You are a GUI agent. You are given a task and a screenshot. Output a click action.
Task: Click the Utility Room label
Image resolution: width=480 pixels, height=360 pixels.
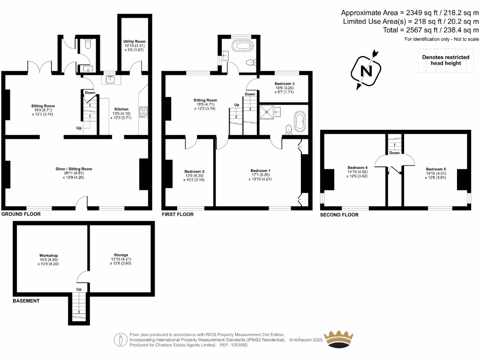pyautogui.click(x=135, y=42)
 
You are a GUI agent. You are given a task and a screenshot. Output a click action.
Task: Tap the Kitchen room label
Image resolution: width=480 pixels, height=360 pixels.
pyautogui.click(x=121, y=109)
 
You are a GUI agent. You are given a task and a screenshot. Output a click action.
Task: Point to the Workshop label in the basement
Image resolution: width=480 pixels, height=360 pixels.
pyautogui.click(x=49, y=255)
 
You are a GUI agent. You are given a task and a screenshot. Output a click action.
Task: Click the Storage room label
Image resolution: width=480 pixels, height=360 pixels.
pyautogui.click(x=107, y=255)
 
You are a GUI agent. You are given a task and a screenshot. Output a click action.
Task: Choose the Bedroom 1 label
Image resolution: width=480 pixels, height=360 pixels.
pyautogui.click(x=261, y=171)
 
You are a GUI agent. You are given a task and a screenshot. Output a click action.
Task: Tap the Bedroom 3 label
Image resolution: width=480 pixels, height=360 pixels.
pyautogui.click(x=285, y=83)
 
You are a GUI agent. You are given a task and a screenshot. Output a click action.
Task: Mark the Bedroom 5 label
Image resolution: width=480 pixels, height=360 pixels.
pyautogui.click(x=435, y=169)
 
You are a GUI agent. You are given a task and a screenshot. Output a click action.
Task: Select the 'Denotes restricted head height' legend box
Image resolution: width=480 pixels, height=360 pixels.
pyautogui.click(x=442, y=60)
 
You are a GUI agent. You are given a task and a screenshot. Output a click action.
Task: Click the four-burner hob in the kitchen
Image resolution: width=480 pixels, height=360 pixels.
pyautogui.click(x=143, y=112)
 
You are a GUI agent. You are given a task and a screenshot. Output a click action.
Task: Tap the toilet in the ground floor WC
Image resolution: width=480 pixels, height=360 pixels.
pyautogui.click(x=88, y=45)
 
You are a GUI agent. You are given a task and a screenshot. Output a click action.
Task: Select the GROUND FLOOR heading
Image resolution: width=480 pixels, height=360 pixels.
pyautogui.click(x=21, y=214)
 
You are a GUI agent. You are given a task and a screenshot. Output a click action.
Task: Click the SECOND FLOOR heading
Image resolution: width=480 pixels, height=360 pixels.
pyautogui.click(x=339, y=215)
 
